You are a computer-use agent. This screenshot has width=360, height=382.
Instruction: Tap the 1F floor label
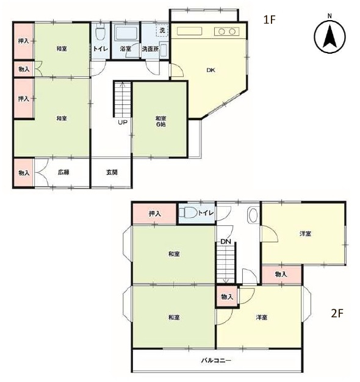tap(269, 20)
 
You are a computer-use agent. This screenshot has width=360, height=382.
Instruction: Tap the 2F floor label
tap(337, 313)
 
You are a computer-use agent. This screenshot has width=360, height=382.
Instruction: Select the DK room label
tap(211, 70)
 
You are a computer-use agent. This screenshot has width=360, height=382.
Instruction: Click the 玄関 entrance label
tap(112, 173)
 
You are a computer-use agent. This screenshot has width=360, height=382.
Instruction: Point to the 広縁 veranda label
tap(63, 173)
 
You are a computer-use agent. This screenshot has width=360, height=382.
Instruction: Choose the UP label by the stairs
tap(123, 122)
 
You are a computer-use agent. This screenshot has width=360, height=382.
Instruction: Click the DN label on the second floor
tap(226, 242)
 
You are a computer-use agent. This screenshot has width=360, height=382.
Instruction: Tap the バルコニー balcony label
tap(216, 360)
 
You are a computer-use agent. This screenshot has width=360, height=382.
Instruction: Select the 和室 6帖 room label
tap(160, 121)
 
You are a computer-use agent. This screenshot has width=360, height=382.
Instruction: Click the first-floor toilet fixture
tap(100, 32)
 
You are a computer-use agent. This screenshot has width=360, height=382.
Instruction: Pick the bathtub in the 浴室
tap(126, 33)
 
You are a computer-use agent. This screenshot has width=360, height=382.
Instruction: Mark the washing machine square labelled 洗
tap(162, 31)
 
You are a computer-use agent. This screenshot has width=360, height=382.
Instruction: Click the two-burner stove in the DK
tap(226, 32)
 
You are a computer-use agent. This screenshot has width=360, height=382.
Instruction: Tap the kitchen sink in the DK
tap(189, 32)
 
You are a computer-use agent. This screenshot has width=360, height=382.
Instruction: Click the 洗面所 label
tap(150, 49)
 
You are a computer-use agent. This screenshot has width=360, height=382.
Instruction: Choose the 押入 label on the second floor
tap(155, 214)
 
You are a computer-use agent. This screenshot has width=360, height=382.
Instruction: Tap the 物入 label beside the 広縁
tap(24, 173)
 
